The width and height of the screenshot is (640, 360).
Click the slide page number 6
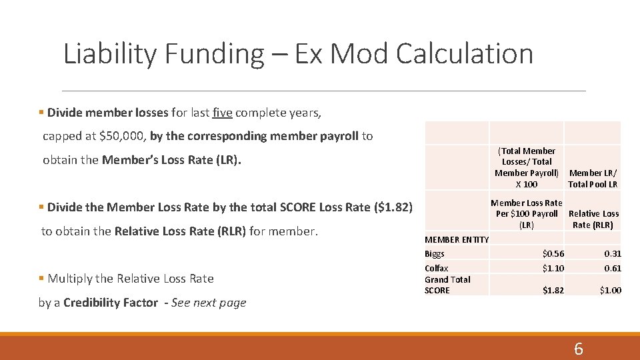(578, 349)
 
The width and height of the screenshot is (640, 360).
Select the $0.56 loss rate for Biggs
(553, 253)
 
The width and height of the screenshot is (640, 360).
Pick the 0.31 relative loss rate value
(612, 253)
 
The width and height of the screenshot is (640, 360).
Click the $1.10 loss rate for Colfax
(553, 268)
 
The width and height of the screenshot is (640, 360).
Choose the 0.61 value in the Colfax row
(612, 268)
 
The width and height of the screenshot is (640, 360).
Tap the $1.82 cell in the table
(553, 291)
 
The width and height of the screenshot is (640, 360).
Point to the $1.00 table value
(610, 291)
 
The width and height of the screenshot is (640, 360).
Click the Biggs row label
(435, 253)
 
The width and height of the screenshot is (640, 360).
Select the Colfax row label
(437, 268)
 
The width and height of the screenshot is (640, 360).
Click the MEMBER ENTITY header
(457, 239)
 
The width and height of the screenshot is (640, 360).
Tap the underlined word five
(222, 113)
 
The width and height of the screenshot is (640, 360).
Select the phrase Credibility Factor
(111, 303)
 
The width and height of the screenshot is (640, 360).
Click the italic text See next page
(209, 303)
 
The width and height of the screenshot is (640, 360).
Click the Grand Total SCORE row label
(447, 285)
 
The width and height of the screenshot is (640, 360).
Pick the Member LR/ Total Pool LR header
(593, 179)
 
